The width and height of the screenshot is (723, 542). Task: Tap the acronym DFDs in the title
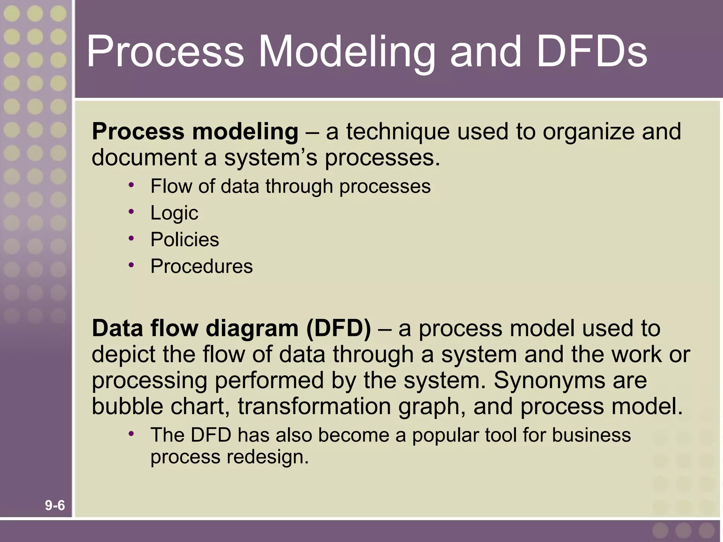point(592,52)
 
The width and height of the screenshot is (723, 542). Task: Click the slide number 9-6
point(55,505)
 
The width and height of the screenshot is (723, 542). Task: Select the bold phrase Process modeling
point(195,132)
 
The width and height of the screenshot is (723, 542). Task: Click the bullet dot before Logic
point(131,211)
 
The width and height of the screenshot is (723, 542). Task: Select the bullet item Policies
point(185,240)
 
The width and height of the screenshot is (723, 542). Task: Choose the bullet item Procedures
point(202,266)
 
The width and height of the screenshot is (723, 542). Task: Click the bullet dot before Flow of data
point(131,185)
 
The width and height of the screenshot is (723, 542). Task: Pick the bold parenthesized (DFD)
point(339,329)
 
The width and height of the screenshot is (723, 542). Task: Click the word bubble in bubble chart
point(127,406)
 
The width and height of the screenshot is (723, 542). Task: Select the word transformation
point(314,406)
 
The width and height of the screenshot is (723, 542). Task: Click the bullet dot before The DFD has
point(131,434)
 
